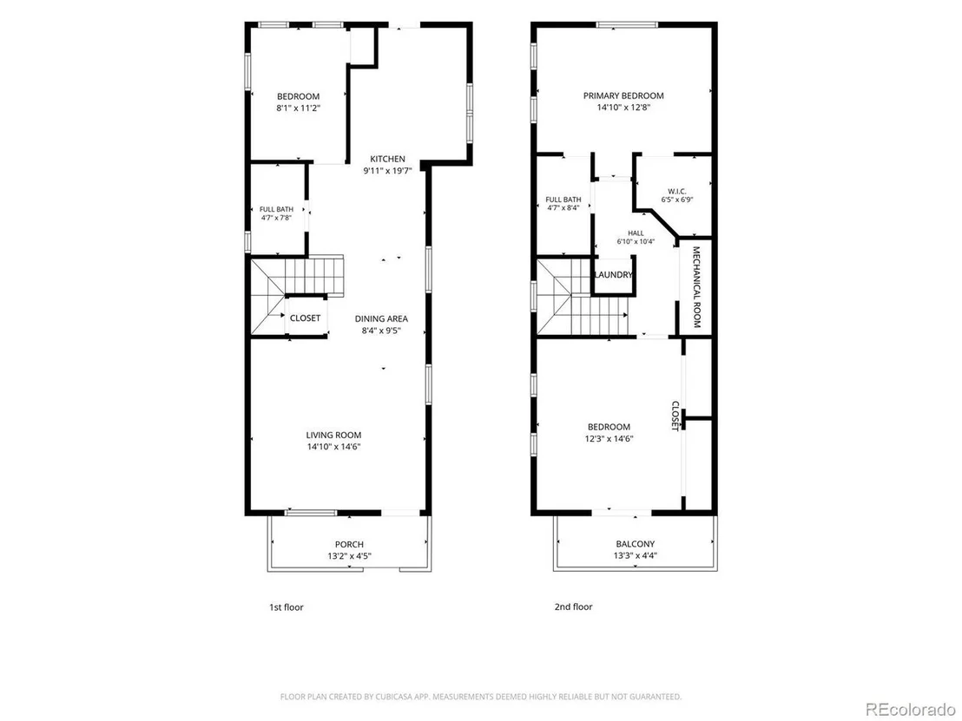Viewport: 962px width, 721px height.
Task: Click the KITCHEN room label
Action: coord(387,159)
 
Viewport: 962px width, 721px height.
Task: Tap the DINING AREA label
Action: coord(381,318)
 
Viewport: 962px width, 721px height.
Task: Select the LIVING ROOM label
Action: coord(333,436)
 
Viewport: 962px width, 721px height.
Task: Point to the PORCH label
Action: coord(349,544)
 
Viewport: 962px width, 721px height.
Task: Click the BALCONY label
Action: coord(635,544)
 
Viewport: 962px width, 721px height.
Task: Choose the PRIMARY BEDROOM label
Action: coord(623,95)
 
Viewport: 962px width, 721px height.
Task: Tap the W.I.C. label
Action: coord(677,191)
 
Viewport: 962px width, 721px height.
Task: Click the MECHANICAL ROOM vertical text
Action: coord(696,287)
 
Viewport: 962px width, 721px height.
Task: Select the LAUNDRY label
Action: coord(613,275)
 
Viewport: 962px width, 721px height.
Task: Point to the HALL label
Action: coord(636,233)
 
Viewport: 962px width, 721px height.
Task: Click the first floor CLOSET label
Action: coord(305,318)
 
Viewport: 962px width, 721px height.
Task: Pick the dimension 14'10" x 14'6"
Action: coord(333,447)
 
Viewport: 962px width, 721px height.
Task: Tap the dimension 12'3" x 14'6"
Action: coord(609,439)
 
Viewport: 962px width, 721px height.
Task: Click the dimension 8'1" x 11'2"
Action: coord(298,108)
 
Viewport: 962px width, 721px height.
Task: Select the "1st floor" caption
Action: coord(287,607)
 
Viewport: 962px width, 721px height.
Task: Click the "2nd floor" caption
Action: coord(574,607)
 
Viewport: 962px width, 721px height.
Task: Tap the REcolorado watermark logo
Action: coord(911,709)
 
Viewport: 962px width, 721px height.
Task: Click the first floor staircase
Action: coord(297,296)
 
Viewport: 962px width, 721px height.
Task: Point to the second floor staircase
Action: coord(582,298)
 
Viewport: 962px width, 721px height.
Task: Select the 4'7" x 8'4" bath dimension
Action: coord(563,208)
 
